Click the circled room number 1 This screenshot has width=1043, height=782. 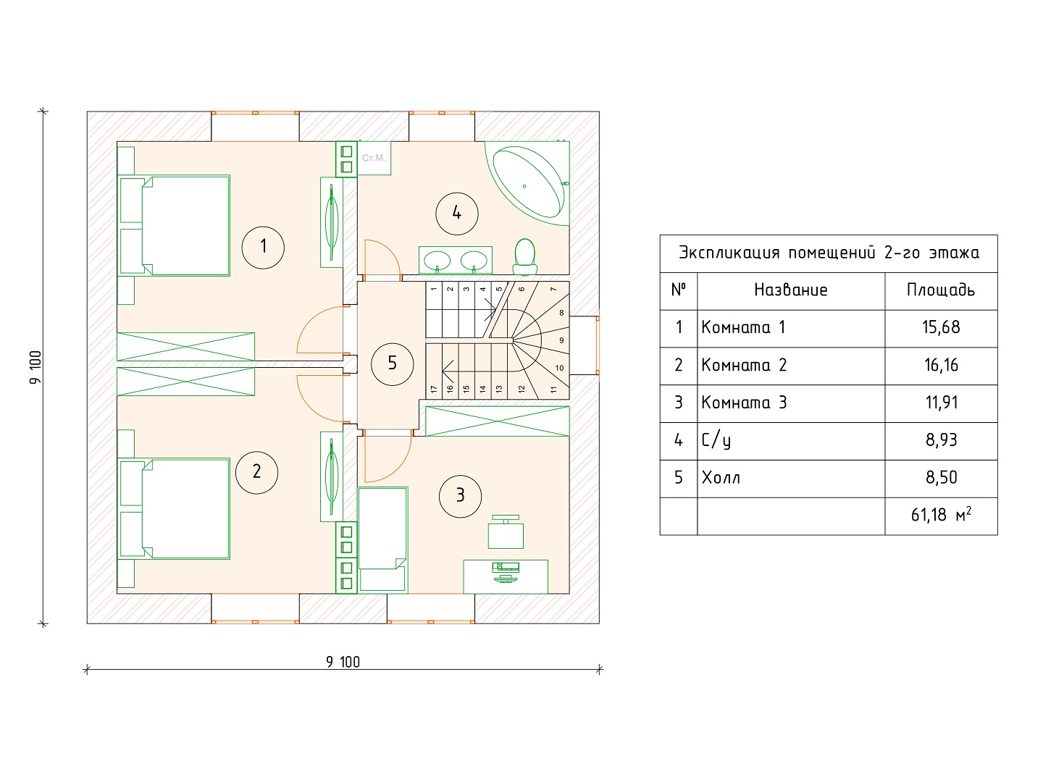[263, 246]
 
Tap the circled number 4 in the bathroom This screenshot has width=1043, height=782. [456, 213]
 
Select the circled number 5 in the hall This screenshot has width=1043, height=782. [392, 363]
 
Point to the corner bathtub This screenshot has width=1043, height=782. [528, 180]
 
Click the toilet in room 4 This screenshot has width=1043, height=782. [524, 256]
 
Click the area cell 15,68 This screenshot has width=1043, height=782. [941, 327]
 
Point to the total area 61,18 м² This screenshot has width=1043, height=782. [941, 515]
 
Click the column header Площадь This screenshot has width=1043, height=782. [941, 290]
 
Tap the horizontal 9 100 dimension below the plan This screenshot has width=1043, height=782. [343, 661]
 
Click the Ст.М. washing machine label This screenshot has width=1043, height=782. [374, 158]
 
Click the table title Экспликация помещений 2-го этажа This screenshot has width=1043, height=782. [829, 253]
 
